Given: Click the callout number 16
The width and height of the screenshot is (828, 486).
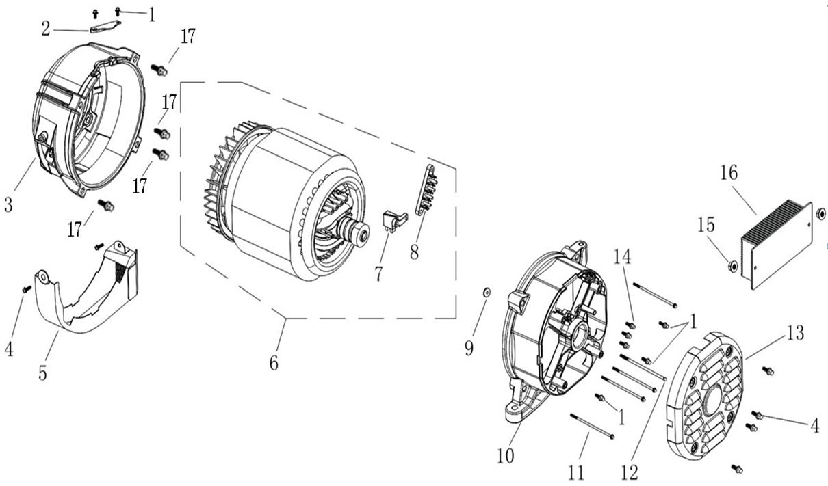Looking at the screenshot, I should pyautogui.click(x=729, y=174).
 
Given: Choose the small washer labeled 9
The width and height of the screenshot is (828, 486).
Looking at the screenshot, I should pyautogui.click(x=486, y=293).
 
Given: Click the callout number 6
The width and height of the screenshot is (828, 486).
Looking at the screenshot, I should pyautogui.click(x=274, y=362).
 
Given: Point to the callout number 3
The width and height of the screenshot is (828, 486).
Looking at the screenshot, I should pyautogui.click(x=8, y=204).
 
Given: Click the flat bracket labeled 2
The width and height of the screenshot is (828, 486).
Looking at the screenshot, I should pyautogui.click(x=105, y=27).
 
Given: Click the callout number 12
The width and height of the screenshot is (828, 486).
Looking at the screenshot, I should pyautogui.click(x=630, y=472).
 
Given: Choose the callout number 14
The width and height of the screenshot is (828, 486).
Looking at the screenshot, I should pyautogui.click(x=621, y=257).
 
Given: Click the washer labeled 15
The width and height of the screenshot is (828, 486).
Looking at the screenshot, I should pyautogui.click(x=733, y=265).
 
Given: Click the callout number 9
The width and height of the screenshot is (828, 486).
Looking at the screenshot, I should pyautogui.click(x=469, y=349).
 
